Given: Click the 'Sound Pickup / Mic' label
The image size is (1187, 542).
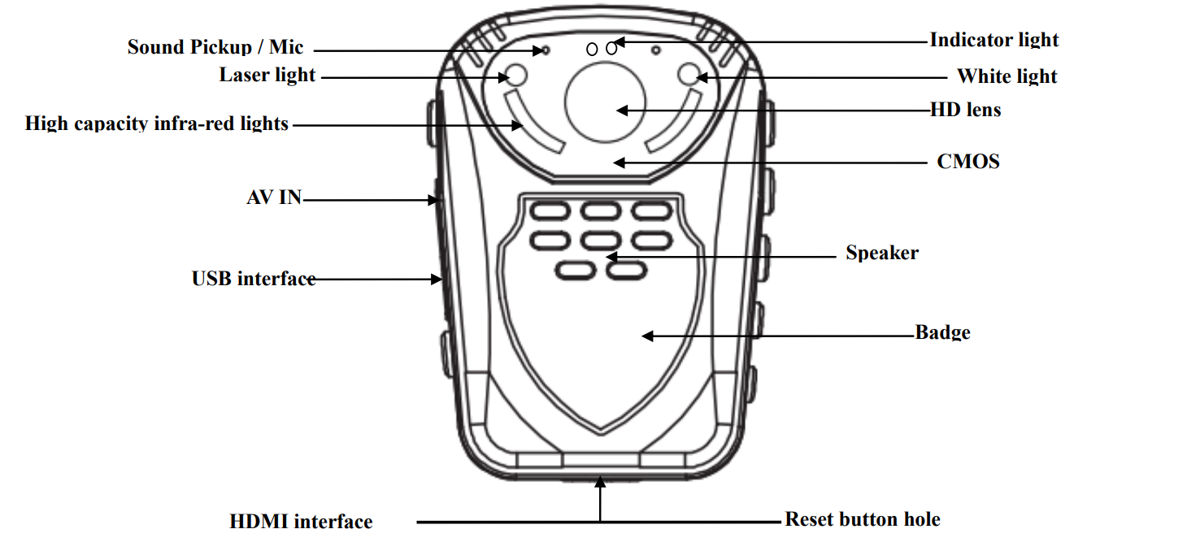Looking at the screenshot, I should (x=215, y=46).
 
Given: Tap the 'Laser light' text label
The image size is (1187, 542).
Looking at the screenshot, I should (x=267, y=75).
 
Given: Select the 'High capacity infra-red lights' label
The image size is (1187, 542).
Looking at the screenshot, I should (x=157, y=124).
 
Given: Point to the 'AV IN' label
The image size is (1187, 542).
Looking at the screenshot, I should (x=274, y=197).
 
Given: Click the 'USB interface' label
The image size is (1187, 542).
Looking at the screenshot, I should (x=254, y=279).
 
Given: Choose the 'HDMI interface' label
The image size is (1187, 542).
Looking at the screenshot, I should (x=301, y=521).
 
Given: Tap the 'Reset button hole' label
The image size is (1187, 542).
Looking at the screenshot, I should (x=863, y=519).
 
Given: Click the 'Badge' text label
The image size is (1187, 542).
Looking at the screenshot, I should (x=943, y=332).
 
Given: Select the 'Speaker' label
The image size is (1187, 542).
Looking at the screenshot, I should (x=882, y=253).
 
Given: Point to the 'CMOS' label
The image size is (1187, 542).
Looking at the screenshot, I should (x=968, y=162).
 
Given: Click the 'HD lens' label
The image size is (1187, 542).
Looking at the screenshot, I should (x=966, y=109).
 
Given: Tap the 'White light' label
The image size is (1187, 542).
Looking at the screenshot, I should (x=1007, y=76).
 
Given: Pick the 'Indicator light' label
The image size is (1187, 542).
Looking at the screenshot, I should (x=994, y=40).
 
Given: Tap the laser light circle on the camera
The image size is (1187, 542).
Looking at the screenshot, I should (x=516, y=76).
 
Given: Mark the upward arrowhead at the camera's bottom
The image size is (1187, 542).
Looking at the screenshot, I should (x=600, y=482).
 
